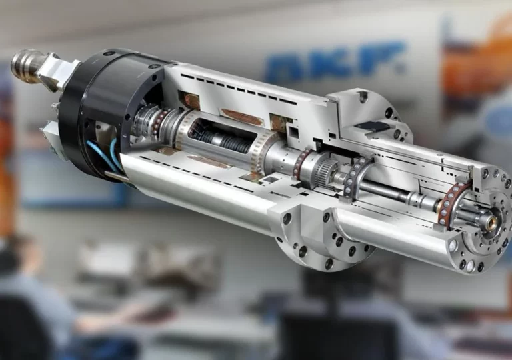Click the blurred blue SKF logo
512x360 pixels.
(334, 61)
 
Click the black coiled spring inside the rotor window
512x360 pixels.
(225, 141)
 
